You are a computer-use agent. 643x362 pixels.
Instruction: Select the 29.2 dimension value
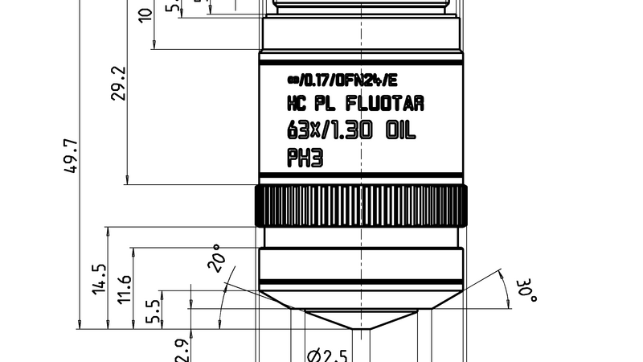pos(118,83)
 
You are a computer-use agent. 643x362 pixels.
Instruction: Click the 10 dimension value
pos(145,14)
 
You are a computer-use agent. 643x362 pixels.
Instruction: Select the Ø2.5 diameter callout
pos(329,355)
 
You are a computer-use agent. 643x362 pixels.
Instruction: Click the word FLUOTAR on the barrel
pos(384,104)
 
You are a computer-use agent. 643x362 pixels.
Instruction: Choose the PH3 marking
pos(305,158)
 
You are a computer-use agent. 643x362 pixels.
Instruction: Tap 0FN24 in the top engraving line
pos(357,80)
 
